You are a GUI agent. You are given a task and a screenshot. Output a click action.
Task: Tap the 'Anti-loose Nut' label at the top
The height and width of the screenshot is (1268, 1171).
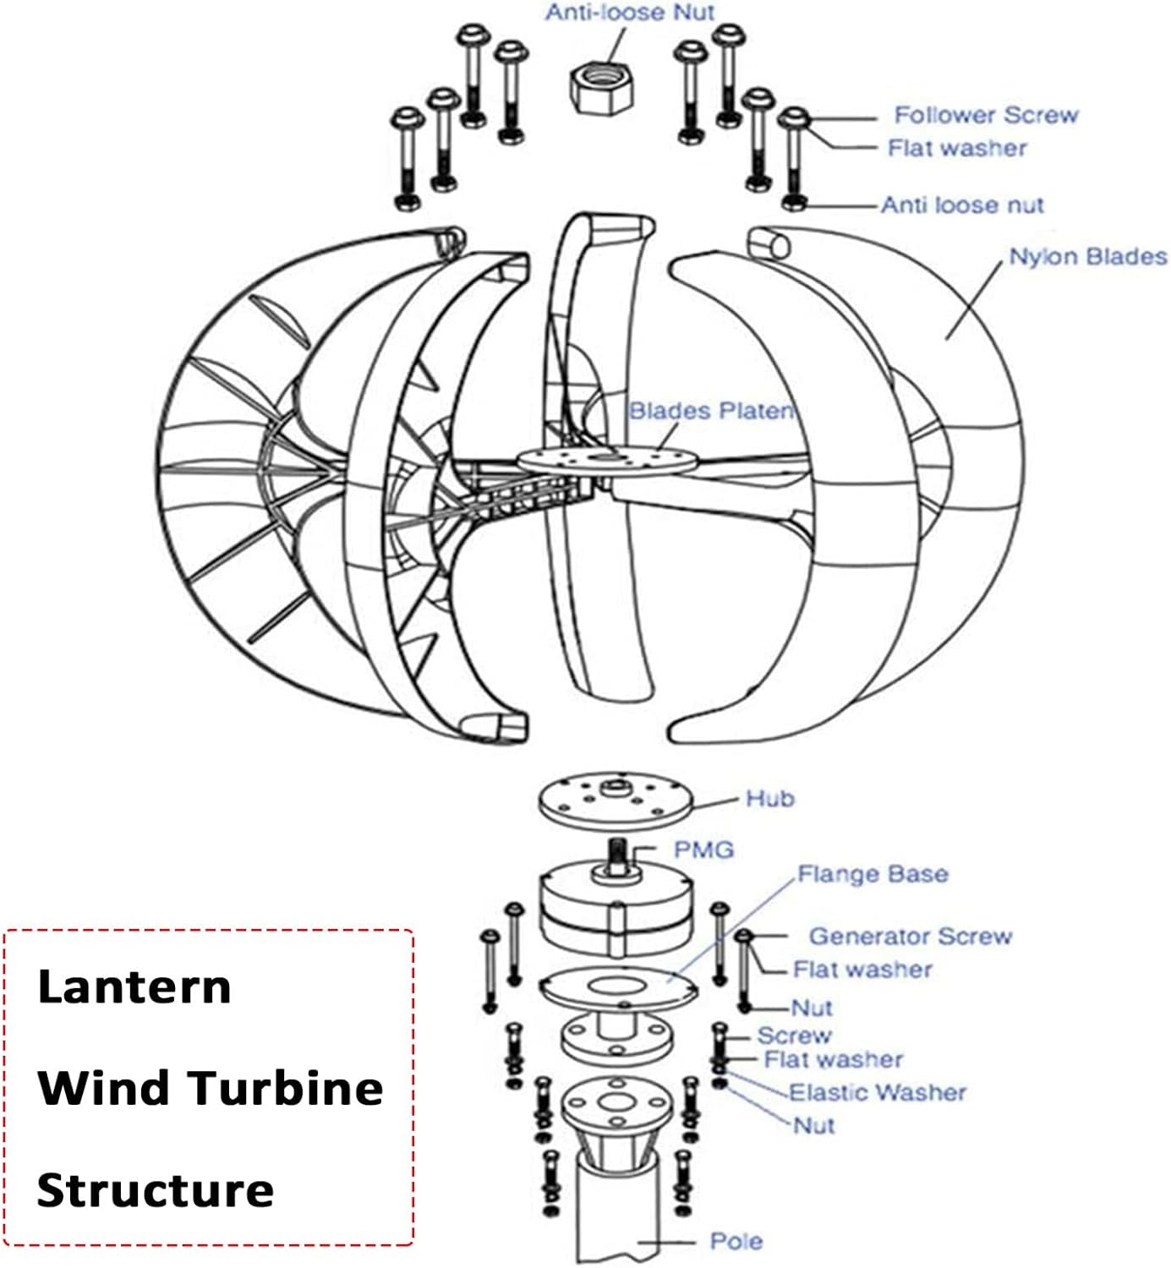[x=630, y=13]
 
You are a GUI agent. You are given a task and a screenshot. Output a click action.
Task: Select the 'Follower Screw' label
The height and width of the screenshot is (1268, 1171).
[x=986, y=115]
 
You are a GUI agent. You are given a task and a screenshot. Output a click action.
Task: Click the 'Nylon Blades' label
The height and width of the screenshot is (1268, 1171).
[x=1087, y=257]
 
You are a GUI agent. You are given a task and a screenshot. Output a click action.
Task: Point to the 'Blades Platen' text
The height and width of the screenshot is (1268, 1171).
[x=711, y=411]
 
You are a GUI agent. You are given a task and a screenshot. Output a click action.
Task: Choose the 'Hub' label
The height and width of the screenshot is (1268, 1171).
[x=769, y=799]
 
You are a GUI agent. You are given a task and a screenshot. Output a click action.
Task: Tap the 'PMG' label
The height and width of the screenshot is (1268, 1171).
[x=703, y=850]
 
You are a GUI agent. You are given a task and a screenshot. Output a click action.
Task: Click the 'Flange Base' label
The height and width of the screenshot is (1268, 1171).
[x=873, y=874]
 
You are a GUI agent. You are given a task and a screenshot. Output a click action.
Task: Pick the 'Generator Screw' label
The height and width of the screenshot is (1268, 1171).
[x=910, y=937]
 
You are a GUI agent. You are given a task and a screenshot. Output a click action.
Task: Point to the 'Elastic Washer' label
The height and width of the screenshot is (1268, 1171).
[x=877, y=1092]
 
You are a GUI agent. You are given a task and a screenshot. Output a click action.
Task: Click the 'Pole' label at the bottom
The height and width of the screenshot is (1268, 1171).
[x=736, y=1242]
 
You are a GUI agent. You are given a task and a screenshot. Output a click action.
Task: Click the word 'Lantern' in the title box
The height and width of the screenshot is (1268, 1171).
[x=134, y=987]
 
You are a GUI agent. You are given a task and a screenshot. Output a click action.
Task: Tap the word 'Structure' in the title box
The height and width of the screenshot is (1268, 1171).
[x=156, y=1190]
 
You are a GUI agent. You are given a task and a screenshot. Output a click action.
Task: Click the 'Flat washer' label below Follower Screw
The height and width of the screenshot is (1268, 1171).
[x=956, y=149]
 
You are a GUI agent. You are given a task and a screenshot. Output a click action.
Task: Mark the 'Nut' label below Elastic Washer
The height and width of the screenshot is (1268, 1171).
[x=813, y=1126]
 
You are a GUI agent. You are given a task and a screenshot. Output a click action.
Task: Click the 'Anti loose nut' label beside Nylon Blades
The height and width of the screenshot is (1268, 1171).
[x=962, y=205]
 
